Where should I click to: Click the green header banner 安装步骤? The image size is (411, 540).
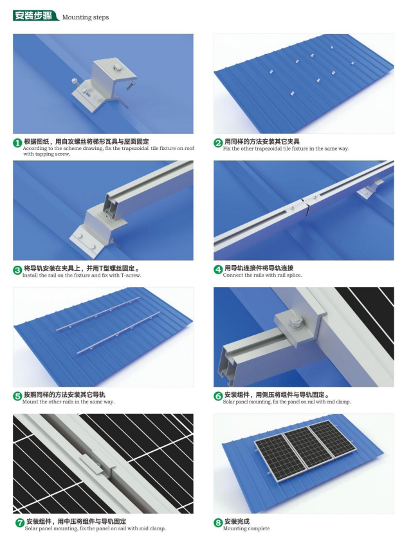35,15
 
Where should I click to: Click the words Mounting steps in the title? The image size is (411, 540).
86,16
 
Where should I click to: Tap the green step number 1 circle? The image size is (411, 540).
17,142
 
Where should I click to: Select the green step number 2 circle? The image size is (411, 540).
218,142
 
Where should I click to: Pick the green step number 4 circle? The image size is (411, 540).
218,268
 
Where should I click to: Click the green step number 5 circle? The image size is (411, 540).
17,394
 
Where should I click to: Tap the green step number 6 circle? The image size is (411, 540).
218,394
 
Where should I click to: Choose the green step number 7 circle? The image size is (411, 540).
17,521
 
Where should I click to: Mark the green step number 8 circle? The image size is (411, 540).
218,521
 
